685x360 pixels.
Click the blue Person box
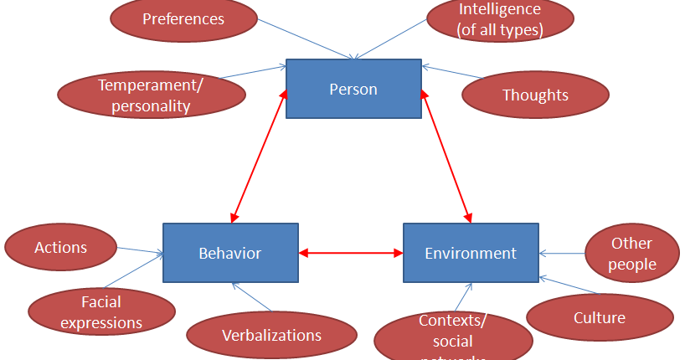click(353, 89)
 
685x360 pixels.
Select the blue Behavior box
click(230, 252)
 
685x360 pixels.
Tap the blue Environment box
click(471, 252)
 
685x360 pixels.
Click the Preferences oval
click(183, 18)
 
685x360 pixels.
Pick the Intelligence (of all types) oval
click(500, 19)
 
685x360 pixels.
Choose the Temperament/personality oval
click(150, 95)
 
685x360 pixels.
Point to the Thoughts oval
click(535, 95)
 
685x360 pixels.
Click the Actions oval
click(60, 247)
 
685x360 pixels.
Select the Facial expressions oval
click(101, 311)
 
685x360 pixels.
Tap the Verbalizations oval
click(271, 335)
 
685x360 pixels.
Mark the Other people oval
click(631, 254)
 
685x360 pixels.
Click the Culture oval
click(600, 317)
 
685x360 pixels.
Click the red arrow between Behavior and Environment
click(351, 252)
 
